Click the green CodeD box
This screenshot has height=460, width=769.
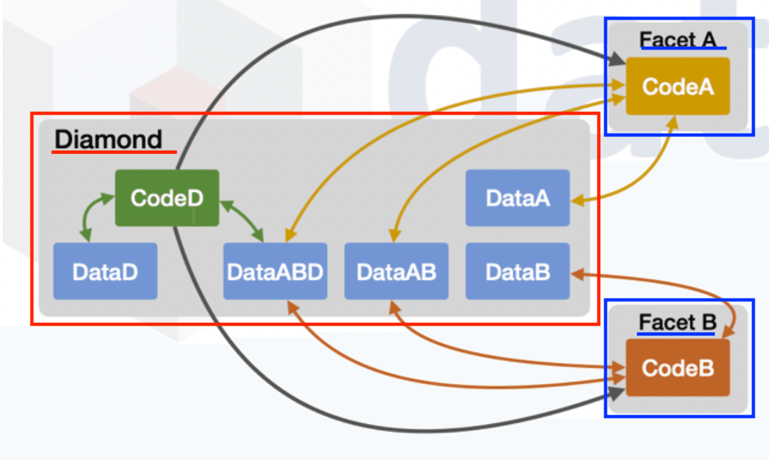167,198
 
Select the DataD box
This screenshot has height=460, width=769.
105,271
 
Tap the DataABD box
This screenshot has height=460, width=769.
275,271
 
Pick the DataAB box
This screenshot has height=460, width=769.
396,271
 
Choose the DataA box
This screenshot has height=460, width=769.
517,198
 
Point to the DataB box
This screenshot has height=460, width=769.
517,271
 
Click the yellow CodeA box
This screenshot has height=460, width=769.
677,86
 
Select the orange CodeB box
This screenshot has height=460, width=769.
677,368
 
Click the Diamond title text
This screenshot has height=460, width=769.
108,139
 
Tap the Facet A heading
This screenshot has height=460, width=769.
677,39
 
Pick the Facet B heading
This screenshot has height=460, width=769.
677,322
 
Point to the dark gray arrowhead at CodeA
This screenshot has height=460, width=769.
616,60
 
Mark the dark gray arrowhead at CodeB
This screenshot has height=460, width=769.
616,393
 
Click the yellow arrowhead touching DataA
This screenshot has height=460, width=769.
578,199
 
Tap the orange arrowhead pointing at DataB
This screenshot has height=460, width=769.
578,274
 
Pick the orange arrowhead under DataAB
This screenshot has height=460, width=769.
395,307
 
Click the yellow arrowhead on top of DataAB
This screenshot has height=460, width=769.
395,235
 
